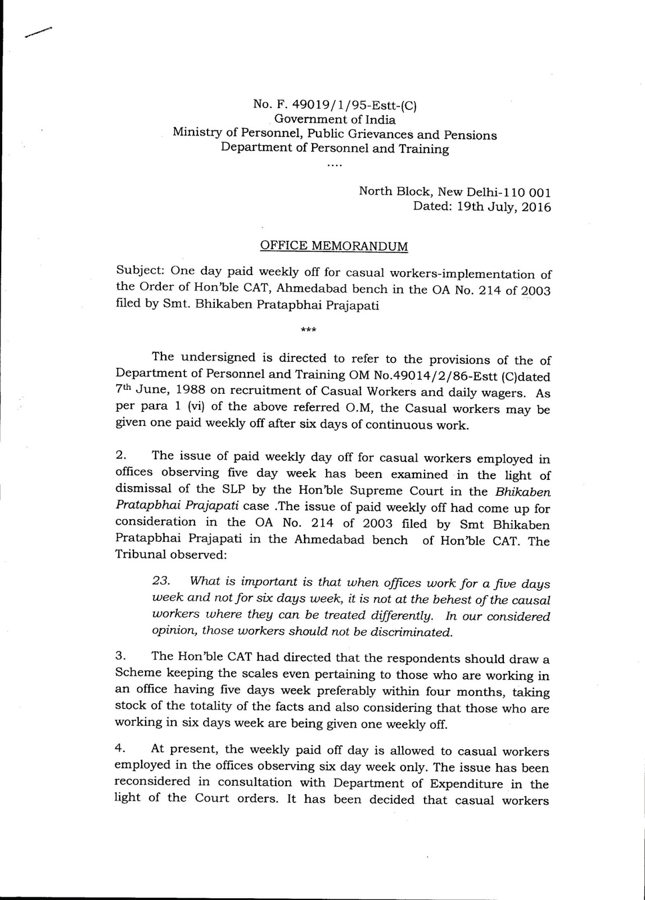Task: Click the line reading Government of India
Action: [335, 119]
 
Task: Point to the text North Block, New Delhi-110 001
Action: [454, 191]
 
